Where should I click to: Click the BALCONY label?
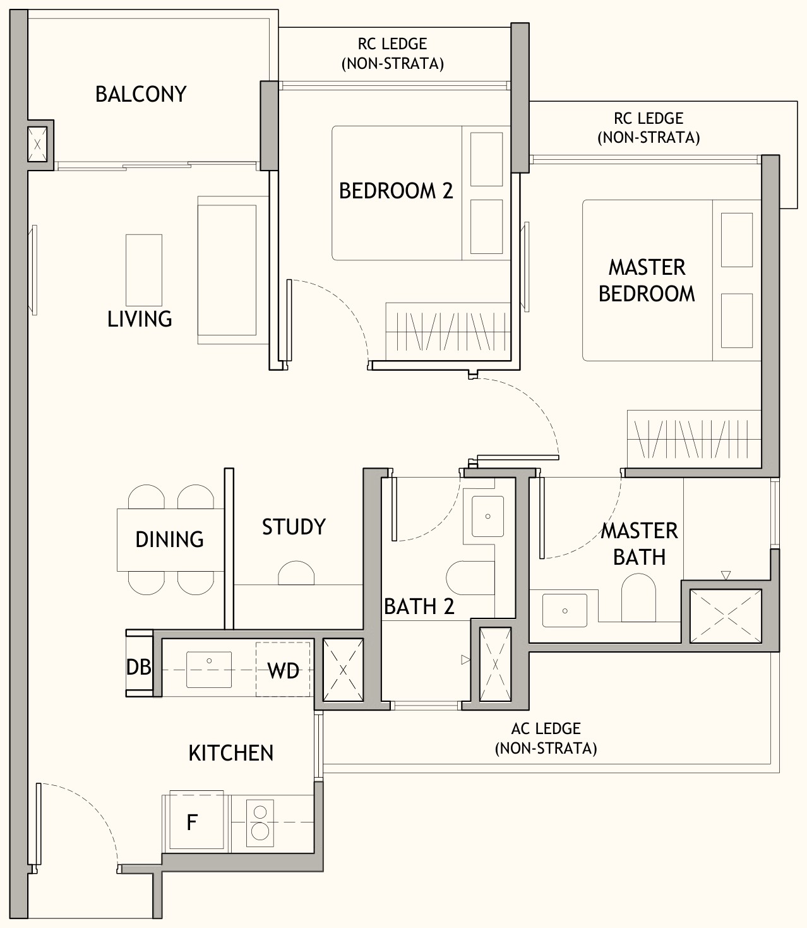click(x=141, y=94)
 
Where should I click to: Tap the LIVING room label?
click(x=140, y=319)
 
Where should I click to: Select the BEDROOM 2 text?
click(x=396, y=191)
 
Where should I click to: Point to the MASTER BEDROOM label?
click(x=647, y=280)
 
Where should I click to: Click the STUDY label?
click(x=294, y=527)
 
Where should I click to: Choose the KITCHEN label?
click(x=230, y=754)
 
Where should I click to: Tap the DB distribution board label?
click(x=138, y=667)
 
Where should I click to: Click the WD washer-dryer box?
click(x=283, y=670)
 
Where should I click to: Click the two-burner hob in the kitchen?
click(x=260, y=823)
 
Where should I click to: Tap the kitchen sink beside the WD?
click(x=209, y=670)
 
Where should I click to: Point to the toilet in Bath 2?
click(x=470, y=578)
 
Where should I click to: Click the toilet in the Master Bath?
click(x=638, y=598)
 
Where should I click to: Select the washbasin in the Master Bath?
click(x=565, y=611)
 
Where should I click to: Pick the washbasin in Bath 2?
click(x=488, y=516)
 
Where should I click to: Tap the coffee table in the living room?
click(x=144, y=270)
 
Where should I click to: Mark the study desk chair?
click(x=296, y=573)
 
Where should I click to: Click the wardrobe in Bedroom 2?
click(x=448, y=332)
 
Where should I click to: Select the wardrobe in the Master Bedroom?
click(x=694, y=439)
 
